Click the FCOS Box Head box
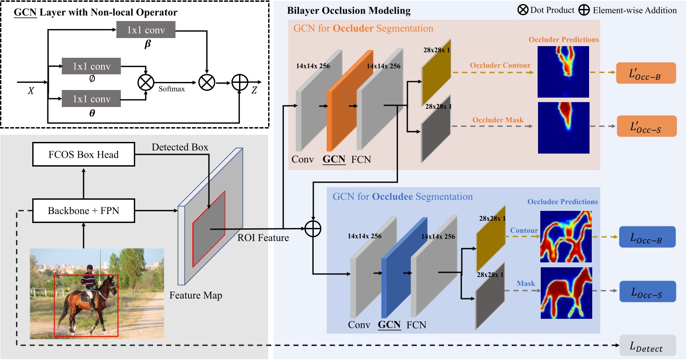(84, 154)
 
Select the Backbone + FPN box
(84, 210)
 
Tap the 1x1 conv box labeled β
(146, 30)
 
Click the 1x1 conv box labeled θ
(91, 99)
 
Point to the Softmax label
(171, 89)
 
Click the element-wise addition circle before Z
(240, 83)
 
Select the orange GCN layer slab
(350, 101)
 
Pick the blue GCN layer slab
(404, 268)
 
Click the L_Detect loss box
(647, 346)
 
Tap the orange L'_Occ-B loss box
(646, 73)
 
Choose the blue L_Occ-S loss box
(647, 291)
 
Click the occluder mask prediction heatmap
(564, 128)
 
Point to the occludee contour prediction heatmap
(566, 236)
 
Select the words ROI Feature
(263, 238)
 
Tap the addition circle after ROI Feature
(313, 228)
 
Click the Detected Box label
(179, 147)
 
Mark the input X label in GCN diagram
(30, 91)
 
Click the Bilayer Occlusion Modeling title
(349, 11)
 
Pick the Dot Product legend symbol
(522, 10)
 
